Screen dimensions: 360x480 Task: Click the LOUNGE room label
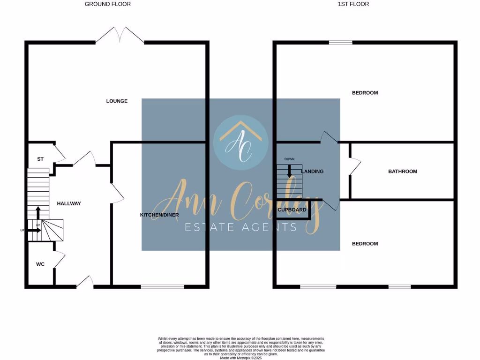tap(117, 101)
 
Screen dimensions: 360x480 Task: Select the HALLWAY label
tap(69, 203)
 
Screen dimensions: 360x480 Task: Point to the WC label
tap(40, 264)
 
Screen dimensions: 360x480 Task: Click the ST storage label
tap(40, 159)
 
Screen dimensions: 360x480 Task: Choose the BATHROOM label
tap(402, 172)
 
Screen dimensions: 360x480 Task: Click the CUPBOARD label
tap(292, 210)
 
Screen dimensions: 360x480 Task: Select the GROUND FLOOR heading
tap(108, 4)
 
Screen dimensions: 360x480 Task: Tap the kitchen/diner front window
tap(163, 286)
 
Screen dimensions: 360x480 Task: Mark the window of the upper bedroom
tap(340, 43)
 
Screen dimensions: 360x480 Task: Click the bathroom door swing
tap(354, 167)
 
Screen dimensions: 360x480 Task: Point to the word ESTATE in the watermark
tap(208, 228)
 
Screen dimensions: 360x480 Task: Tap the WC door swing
tap(60, 259)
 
